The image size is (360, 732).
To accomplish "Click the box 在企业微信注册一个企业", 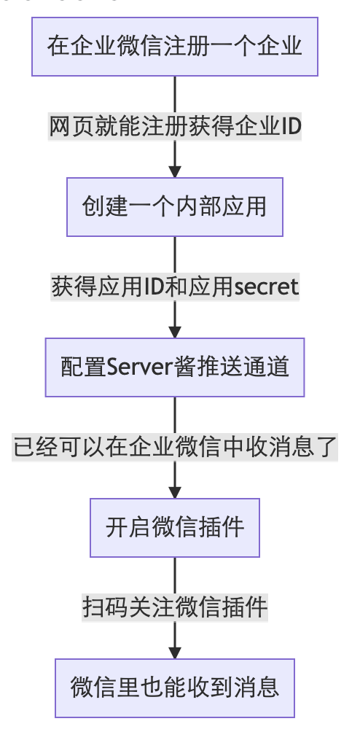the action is click(175, 47).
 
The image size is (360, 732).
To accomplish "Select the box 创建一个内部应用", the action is click(175, 207).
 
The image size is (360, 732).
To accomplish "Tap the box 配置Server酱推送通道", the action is click(175, 367).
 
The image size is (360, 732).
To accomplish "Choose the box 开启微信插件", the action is click(175, 528).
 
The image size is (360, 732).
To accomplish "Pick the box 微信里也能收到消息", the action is click(175, 688).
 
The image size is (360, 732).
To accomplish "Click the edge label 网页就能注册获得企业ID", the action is click(175, 127).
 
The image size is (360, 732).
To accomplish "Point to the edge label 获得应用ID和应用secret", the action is click(175, 287).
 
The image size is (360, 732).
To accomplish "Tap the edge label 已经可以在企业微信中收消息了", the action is click(175, 447).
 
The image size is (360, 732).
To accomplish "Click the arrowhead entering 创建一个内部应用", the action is click(175, 171).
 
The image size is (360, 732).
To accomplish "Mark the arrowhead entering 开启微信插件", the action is click(175, 492).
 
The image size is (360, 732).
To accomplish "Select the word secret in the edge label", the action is click(266, 287).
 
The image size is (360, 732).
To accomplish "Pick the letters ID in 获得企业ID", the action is click(291, 127).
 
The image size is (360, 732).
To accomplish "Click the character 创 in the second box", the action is click(93, 207).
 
